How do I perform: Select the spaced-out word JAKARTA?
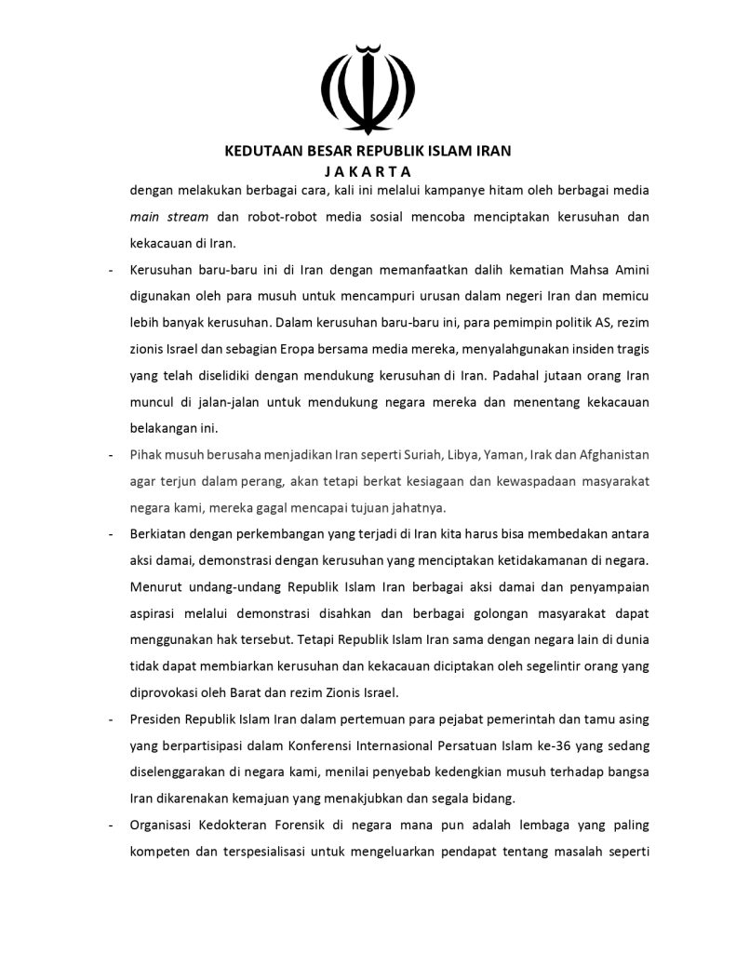point(368,171)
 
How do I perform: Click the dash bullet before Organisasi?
point(111,825)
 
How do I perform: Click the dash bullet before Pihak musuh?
point(111,455)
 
